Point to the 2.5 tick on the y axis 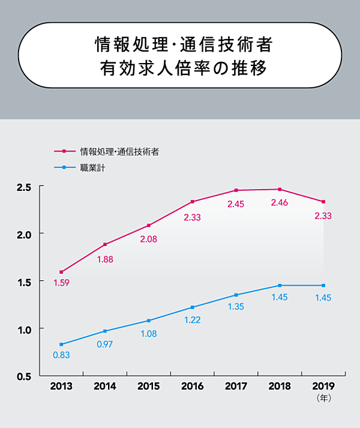point(23,187)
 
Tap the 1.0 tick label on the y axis point(23,329)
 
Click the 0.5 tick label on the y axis point(23,376)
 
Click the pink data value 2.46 point(280,203)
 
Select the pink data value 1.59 point(61,283)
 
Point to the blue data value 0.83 point(61,355)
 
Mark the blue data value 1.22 point(192,320)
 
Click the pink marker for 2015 point(149,226)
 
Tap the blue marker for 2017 point(236,295)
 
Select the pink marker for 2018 point(280,190)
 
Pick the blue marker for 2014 point(105,331)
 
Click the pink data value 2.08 point(149,239)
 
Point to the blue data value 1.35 point(236,307)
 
